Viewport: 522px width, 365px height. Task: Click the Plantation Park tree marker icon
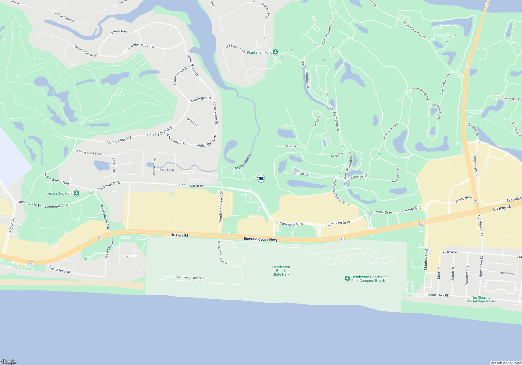pyautogui.click(x=275, y=52)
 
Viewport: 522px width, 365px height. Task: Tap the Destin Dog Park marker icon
pyautogui.click(x=76, y=193)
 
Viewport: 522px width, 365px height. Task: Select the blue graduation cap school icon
pyautogui.click(x=261, y=179)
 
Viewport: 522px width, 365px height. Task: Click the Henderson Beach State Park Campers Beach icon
pyautogui.click(x=347, y=278)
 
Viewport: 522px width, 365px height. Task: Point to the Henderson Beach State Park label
pyautogui.click(x=281, y=271)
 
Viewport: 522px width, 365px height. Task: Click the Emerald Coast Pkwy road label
pyautogui.click(x=260, y=239)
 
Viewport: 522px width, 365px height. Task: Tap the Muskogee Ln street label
pyautogui.click(x=201, y=99)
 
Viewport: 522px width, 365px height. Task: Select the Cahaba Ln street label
pyautogui.click(x=192, y=121)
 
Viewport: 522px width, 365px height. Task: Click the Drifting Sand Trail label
pyautogui.click(x=88, y=153)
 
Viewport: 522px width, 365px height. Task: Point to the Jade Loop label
pyautogui.click(x=167, y=170)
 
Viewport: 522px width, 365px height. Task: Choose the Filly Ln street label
pyautogui.click(x=291, y=146)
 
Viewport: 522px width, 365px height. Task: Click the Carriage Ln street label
pyautogui.click(x=301, y=174)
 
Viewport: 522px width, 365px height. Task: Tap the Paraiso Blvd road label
pyautogui.click(x=462, y=199)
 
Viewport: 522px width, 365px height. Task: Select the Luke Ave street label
pyautogui.click(x=449, y=252)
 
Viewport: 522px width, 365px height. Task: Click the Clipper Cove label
pyautogui.click(x=506, y=273)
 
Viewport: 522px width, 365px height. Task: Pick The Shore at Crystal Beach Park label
pyautogui.click(x=481, y=299)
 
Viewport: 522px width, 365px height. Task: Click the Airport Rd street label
pyautogui.click(x=12, y=225)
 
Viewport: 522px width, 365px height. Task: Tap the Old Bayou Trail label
pyautogui.click(x=235, y=48)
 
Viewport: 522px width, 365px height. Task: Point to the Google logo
pyautogui.click(x=9, y=362)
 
